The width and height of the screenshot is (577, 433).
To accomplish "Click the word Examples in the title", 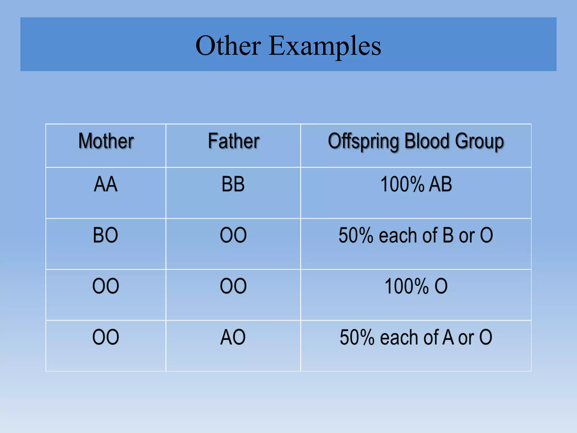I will point(325,46).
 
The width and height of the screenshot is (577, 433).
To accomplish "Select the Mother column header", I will point(106,141).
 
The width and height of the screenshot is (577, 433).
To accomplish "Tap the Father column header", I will point(234,141).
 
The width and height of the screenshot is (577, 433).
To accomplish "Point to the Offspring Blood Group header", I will point(416,141).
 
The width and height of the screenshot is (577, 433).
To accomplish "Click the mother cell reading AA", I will point(106,184).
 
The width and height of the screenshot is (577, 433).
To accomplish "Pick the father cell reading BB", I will point(233,184).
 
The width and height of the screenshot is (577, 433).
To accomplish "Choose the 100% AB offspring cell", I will point(416,184).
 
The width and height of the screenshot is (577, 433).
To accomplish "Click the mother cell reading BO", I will point(106,235).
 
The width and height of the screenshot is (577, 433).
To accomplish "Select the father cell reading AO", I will point(233,337).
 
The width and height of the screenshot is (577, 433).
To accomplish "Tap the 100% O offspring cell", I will point(416,286).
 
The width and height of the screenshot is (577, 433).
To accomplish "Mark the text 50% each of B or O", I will point(416,235).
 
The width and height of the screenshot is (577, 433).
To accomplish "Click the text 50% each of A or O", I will point(416,337).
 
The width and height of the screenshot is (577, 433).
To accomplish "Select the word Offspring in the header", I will point(363,141).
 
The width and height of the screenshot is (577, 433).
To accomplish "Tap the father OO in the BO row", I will point(233,235).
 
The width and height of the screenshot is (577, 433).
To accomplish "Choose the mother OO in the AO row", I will point(106,337).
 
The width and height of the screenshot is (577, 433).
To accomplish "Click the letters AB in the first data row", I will point(440,184).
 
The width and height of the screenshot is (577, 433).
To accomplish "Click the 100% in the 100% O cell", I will point(407,286).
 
